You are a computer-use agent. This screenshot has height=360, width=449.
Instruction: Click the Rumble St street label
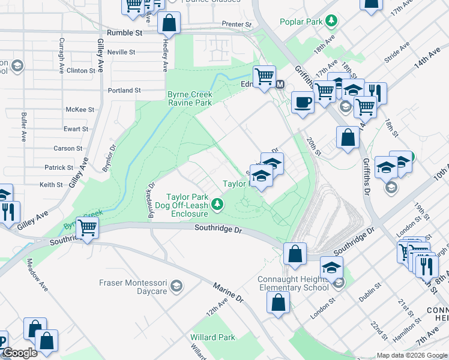pyautogui.click(x=124, y=34)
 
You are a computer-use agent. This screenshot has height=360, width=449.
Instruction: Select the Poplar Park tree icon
pyautogui.click(x=330, y=22)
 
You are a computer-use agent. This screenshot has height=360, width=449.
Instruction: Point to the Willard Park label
pyautogui.click(x=213, y=337)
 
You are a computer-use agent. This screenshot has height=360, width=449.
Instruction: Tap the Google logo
pyautogui.click(x=20, y=353)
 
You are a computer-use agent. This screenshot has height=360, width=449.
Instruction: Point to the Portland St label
pyautogui.click(x=124, y=91)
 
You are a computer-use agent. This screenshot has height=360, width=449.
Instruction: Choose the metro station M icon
pyautogui.click(x=280, y=83)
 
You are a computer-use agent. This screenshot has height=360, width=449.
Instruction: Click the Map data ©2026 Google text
pyautogui.click(x=411, y=355)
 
